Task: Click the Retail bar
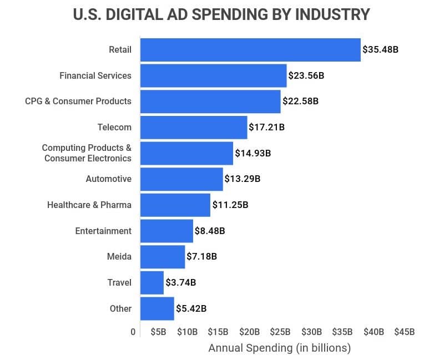(x=250, y=50)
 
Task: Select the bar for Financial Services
(x=213, y=75)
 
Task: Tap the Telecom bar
(x=193, y=127)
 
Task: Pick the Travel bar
(x=152, y=282)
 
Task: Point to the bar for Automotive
(x=181, y=179)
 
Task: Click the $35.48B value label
(x=380, y=50)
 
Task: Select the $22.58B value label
(x=300, y=102)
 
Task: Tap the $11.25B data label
(x=230, y=205)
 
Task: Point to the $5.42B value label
(x=191, y=308)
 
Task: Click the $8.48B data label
(x=210, y=231)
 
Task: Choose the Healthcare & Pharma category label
(x=89, y=205)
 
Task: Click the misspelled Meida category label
(x=119, y=257)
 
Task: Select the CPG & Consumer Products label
(x=78, y=102)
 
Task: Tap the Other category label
(x=120, y=308)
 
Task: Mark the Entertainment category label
(x=103, y=231)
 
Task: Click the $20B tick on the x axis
(x=249, y=332)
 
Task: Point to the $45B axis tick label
(x=404, y=332)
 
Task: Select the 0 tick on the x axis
(x=133, y=332)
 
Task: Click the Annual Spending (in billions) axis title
(x=279, y=348)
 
